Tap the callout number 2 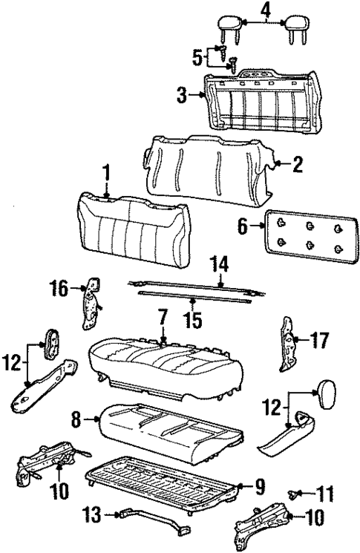click(x=297, y=165)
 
